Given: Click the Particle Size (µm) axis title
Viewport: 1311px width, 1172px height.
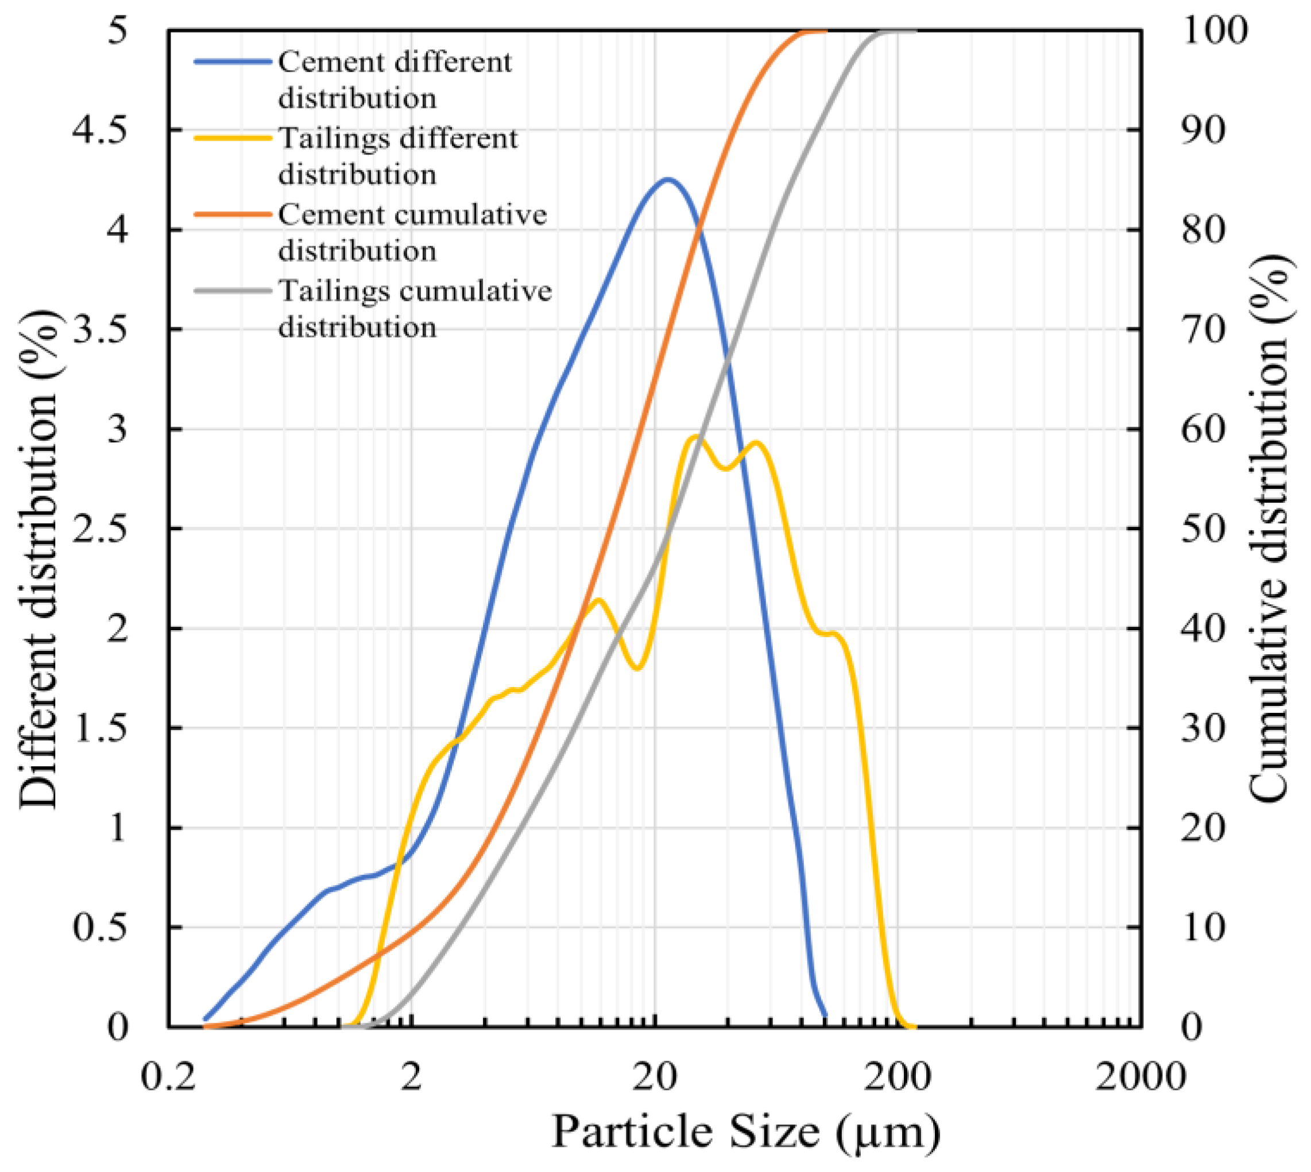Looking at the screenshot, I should tap(745, 1132).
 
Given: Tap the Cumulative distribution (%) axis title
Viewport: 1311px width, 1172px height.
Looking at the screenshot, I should tap(1269, 528).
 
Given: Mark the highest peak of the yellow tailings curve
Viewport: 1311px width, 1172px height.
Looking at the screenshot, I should tap(696, 437).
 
